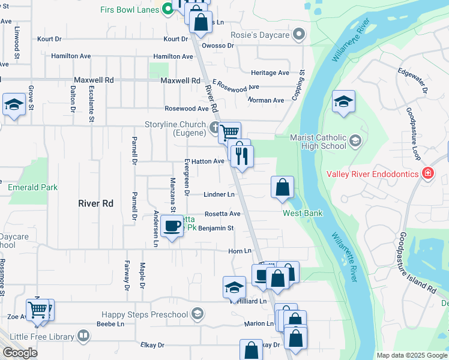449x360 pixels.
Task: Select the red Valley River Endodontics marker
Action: (427, 174)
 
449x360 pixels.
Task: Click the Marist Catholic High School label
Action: (318, 141)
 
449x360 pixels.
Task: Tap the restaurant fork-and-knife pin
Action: (241, 157)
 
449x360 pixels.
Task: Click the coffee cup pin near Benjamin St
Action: (172, 226)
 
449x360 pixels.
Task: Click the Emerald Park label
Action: (33, 187)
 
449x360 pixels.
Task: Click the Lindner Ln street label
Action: (218, 194)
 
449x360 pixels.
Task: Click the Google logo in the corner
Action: (20, 352)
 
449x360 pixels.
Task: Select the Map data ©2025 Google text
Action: (411, 355)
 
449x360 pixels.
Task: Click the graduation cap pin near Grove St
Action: (14, 104)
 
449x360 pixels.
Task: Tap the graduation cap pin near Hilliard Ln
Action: (234, 287)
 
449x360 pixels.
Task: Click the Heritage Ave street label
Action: (270, 73)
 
